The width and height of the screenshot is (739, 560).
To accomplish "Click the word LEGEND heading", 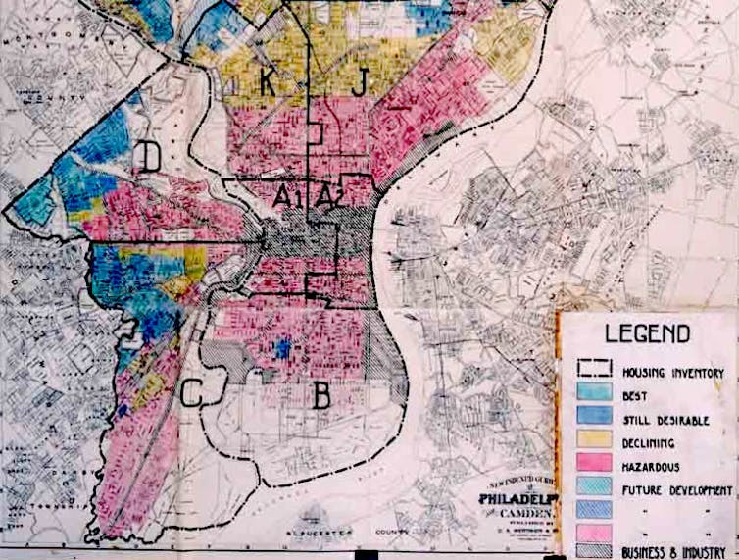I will [647, 333].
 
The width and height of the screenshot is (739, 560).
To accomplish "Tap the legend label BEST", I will [635, 396].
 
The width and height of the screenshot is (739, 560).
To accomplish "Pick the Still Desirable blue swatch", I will [593, 419].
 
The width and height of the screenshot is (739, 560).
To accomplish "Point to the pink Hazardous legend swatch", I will [593, 465].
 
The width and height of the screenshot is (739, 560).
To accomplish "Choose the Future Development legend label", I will [676, 488].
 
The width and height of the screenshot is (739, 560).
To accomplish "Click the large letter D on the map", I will [150, 157].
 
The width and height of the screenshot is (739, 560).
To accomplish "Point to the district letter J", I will [358, 83].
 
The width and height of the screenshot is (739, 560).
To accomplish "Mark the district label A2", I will [329, 196].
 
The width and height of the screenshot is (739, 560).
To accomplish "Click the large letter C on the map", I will [192, 393].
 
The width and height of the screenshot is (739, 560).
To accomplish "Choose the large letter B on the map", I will [320, 395].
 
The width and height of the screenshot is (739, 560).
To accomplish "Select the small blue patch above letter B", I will [283, 348].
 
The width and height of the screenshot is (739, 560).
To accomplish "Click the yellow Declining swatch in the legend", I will [593, 442].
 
